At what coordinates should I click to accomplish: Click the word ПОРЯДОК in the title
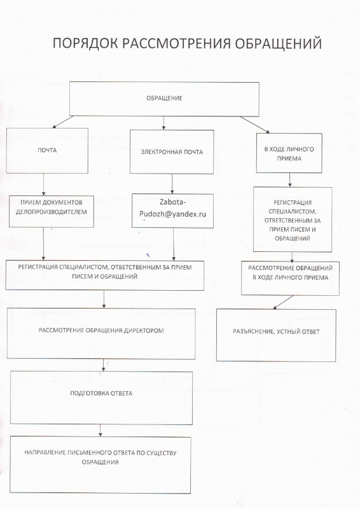coord(85,43)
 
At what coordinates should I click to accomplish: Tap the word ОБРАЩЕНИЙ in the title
coord(278,43)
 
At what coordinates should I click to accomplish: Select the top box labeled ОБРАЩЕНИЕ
coord(164,99)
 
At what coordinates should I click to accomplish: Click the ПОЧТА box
coord(47,151)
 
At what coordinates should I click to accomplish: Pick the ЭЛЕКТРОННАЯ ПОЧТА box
coord(172,152)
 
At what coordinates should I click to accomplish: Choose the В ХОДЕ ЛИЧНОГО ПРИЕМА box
coord(289,153)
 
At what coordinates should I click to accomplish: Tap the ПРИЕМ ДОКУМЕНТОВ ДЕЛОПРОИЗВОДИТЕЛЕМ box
coord(52,211)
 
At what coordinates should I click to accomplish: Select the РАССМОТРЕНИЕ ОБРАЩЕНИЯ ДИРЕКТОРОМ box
coord(101,333)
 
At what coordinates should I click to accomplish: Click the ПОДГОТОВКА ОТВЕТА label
coord(101,393)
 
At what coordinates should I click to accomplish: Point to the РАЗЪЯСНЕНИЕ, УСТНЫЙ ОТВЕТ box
coord(276,335)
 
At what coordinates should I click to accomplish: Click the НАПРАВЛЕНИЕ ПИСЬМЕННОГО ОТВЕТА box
coord(100,465)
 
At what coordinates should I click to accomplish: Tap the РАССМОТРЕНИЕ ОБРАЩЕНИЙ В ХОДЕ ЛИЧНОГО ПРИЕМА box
coord(290,278)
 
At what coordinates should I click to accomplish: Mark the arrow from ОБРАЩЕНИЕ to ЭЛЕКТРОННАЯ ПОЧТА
coord(163,123)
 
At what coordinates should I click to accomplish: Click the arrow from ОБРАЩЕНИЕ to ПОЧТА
coord(63,122)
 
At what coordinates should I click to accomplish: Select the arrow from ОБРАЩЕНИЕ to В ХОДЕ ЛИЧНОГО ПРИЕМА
coord(255,125)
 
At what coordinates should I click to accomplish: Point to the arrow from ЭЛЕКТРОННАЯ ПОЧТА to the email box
coord(172,184)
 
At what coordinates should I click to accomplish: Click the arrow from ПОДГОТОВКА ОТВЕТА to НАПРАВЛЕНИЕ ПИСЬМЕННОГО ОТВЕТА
coord(100,431)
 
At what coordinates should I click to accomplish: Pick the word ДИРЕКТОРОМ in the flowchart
coord(144,331)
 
